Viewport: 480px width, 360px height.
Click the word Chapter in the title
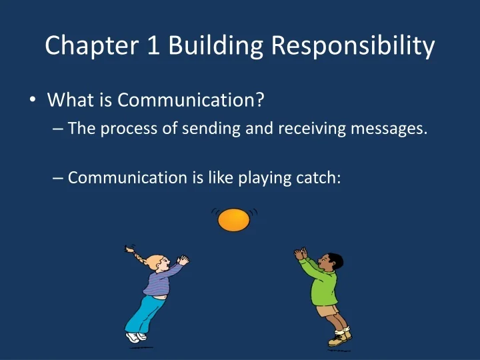[83, 45]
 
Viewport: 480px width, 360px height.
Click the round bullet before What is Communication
[33, 101]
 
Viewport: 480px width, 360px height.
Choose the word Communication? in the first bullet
[191, 100]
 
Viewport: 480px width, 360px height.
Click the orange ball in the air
[234, 220]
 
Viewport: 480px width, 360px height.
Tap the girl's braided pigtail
[133, 253]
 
